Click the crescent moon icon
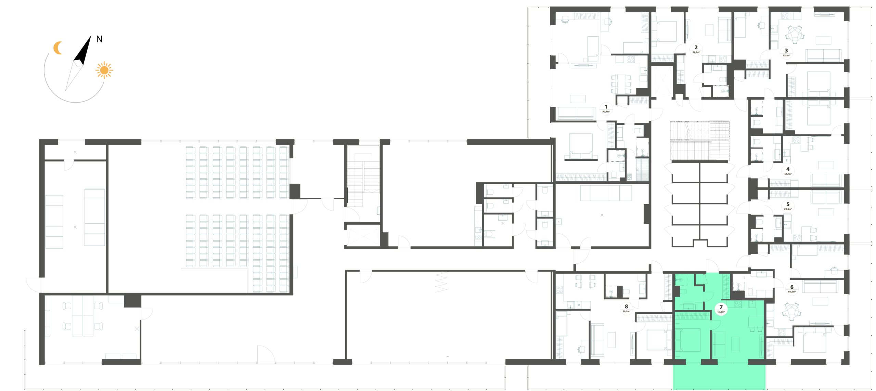(x=58, y=48)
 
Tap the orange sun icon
(x=104, y=70)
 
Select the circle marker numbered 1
(x=606, y=108)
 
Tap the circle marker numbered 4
(x=788, y=170)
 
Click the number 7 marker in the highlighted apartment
(x=721, y=309)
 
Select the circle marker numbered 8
(x=627, y=309)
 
